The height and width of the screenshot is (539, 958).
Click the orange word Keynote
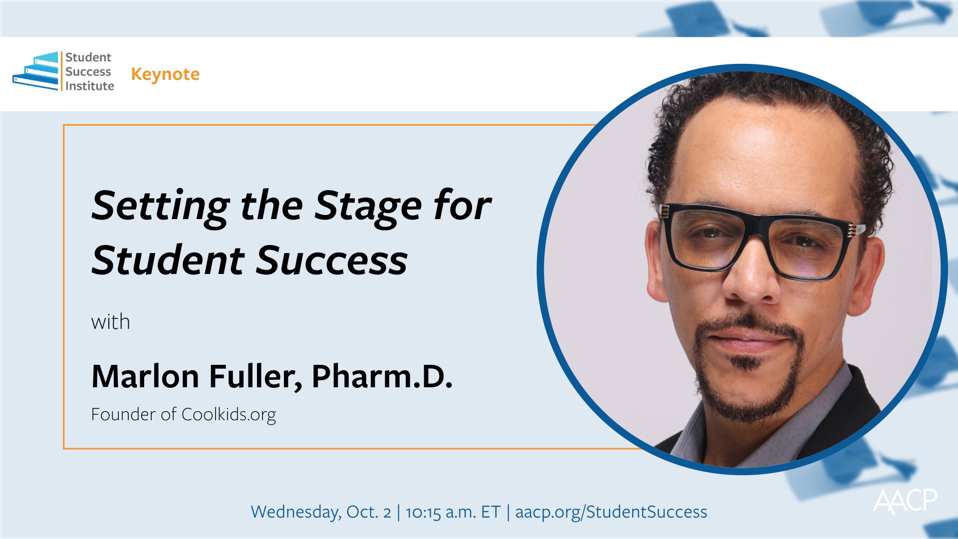coord(165,74)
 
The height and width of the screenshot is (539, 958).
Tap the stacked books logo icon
coord(35,71)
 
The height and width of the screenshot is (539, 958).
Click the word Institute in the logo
coord(90,86)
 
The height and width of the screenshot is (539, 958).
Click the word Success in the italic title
coord(332,260)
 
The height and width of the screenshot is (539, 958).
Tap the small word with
coord(110,322)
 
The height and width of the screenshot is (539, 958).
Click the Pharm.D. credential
coord(382,376)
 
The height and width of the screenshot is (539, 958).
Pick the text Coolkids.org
coord(229,415)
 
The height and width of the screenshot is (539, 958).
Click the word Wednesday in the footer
coord(296,512)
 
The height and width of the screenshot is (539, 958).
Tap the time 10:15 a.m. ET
coord(453,512)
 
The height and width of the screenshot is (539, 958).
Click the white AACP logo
coord(905,501)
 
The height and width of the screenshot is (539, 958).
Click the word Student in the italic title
coord(168,260)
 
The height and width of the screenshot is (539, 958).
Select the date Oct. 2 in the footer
coord(369,512)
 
